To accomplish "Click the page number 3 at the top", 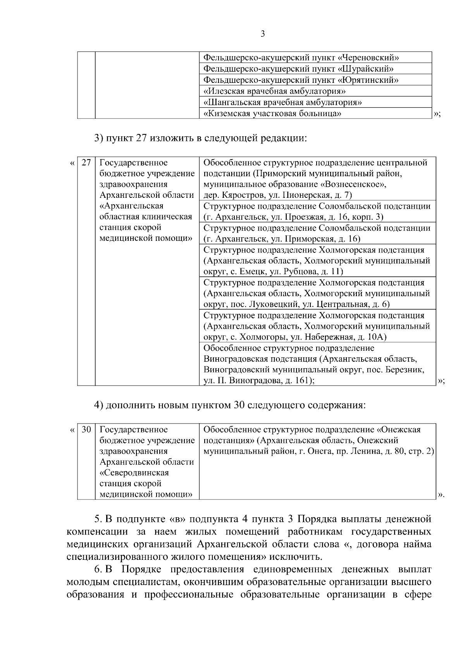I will point(263,34).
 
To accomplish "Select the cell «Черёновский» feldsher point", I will point(301,58).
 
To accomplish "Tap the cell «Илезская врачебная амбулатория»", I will point(274,91).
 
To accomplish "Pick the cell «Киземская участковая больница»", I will point(272,113).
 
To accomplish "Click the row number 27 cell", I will point(86,163).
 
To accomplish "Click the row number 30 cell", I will point(86,429).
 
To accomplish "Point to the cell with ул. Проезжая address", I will point(317,211).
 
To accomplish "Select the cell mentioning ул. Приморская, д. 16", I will point(317,233).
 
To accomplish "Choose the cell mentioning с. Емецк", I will point(317,261).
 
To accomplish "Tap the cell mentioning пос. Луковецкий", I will point(317,293).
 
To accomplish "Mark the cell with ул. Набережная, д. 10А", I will point(317,326).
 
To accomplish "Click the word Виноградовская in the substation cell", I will point(232,359).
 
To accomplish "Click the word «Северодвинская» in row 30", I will point(134,473).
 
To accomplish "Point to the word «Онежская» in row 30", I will point(399,429).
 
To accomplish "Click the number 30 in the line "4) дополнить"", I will point(239,405).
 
